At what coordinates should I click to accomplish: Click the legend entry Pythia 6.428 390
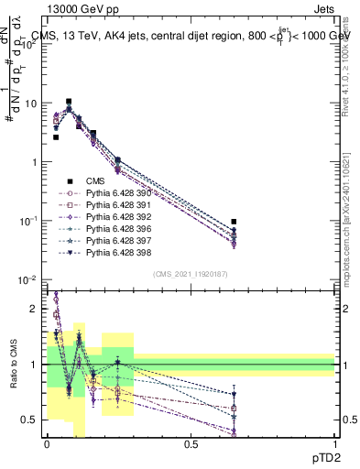pos(117,193)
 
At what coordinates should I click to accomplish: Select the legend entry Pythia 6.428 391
pos(117,205)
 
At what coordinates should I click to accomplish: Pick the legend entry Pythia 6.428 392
pos(117,217)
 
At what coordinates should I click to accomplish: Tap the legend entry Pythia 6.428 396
pos(117,228)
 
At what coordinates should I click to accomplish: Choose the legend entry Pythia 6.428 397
pos(117,240)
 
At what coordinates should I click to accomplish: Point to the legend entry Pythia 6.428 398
pos(117,252)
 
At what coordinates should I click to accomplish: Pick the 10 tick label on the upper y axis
pos(30,104)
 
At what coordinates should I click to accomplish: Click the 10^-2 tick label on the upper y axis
pos(28,279)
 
